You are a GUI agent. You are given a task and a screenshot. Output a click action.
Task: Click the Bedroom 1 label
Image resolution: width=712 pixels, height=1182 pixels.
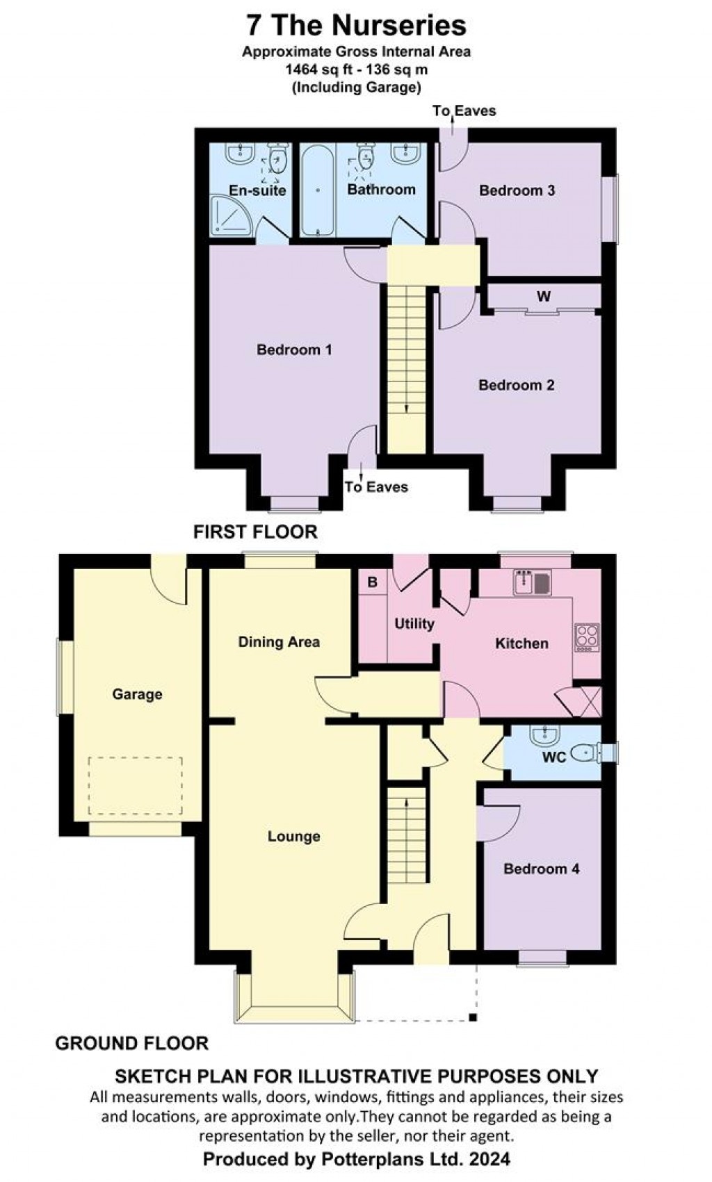click(x=294, y=350)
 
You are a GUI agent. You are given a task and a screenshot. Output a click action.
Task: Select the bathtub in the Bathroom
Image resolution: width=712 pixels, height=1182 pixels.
click(x=318, y=189)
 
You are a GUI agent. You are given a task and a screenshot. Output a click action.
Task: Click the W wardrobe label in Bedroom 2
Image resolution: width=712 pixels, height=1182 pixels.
click(x=543, y=297)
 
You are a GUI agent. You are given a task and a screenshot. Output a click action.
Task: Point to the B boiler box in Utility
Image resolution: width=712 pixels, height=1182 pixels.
click(x=373, y=582)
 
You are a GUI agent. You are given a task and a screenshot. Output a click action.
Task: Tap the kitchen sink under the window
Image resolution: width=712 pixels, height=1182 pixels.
click(x=532, y=582)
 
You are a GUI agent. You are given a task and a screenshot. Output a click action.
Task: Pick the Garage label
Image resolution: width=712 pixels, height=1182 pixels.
click(x=137, y=693)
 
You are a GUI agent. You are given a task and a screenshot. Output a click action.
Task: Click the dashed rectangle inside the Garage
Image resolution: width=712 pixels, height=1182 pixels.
click(x=135, y=785)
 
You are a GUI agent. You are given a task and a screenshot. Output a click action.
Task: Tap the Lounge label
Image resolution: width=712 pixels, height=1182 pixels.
click(x=294, y=837)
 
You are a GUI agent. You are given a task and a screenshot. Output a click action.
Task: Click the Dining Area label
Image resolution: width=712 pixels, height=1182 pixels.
click(x=279, y=642)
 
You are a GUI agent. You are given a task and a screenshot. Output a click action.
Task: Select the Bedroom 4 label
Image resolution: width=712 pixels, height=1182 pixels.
click(x=541, y=869)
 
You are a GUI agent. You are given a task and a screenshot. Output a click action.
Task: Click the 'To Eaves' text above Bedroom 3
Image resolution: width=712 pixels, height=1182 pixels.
click(x=464, y=110)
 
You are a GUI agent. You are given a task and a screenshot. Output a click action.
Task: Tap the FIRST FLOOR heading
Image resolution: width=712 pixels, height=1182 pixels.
click(x=255, y=532)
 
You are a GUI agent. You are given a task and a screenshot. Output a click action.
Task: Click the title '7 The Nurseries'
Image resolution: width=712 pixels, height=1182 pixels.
click(x=356, y=26)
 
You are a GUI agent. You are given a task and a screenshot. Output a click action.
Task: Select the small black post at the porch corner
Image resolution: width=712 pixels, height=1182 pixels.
click(x=473, y=1019)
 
